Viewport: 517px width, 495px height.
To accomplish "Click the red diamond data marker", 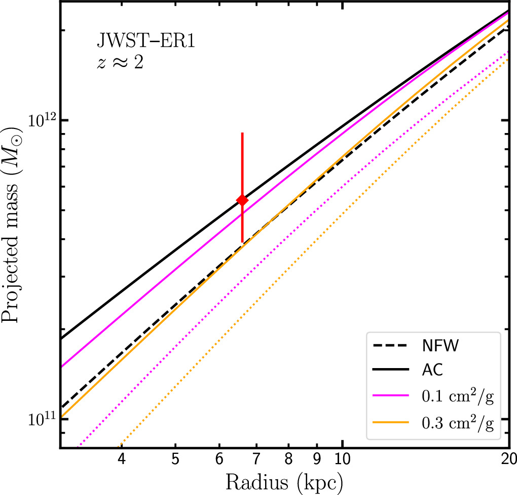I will [242, 200].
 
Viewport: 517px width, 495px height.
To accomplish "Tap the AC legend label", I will [432, 371].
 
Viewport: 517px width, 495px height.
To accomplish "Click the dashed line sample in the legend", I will [392, 347].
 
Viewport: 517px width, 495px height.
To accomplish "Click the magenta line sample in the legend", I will [392, 396].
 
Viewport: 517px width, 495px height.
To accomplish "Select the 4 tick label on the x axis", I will [121, 460].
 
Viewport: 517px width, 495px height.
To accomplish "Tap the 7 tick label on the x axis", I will [256, 460].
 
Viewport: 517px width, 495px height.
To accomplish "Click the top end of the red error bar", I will [242, 133].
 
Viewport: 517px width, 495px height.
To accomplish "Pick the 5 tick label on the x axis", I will [175, 460].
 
